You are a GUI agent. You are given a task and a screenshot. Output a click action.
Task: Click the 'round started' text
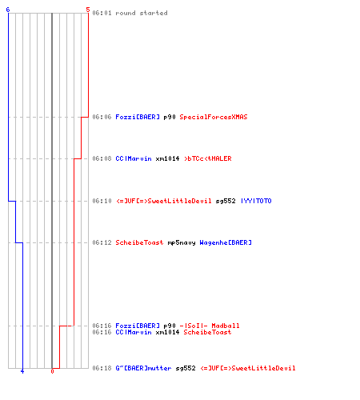coord(142,13)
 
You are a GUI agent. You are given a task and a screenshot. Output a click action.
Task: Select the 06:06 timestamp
coord(102,117)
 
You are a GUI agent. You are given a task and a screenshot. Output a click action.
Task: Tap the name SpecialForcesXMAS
coord(214,117)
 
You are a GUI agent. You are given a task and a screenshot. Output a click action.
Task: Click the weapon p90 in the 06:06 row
coord(170,118)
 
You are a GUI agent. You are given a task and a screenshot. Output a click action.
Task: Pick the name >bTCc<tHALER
coord(208,158)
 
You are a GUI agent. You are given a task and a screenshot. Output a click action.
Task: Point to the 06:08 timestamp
coord(102,158)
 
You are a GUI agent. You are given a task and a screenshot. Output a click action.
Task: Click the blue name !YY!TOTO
coord(256,201)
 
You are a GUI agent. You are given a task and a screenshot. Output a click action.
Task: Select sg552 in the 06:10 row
coord(226,202)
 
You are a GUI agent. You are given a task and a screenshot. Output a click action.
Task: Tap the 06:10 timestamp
coord(102,201)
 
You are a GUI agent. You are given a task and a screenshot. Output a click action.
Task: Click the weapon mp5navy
coord(182,243)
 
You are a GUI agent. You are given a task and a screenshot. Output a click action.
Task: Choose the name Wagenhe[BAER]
coord(226,242)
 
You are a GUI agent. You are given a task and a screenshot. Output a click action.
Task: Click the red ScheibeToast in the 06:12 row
coord(139,242)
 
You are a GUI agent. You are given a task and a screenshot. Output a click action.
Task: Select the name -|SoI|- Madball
coord(210,326)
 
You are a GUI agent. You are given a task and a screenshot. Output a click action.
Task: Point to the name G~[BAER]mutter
coord(143,368)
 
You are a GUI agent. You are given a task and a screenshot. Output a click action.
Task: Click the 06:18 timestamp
coord(102,368)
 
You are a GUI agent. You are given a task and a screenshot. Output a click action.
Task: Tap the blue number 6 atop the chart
coord(8,10)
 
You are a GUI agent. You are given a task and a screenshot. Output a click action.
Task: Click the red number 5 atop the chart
coord(88,10)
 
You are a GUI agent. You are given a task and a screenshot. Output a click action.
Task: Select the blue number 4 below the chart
coord(22,371)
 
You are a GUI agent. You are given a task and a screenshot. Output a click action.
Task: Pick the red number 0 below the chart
coord(52,371)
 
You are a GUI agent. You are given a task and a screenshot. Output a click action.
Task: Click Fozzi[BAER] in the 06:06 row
coord(138,117)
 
